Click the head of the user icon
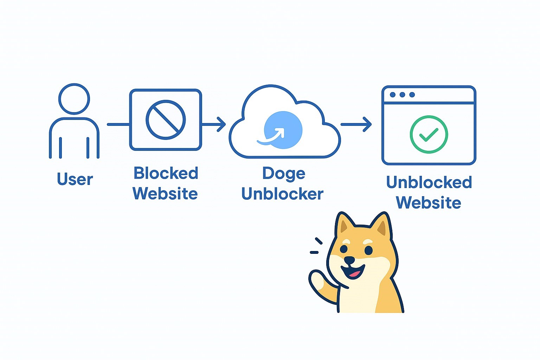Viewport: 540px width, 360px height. tap(74, 99)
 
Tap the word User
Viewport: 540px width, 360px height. tap(75, 179)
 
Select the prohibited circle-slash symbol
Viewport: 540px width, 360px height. tap(166, 120)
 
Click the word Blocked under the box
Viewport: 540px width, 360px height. tap(166, 173)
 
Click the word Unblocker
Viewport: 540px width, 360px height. tap(282, 194)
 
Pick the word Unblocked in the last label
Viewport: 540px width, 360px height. tap(429, 182)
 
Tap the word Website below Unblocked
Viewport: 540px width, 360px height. tap(429, 203)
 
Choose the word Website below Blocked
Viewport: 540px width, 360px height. tap(165, 194)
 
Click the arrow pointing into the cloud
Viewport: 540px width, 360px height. tap(214, 124)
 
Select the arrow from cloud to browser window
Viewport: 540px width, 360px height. tap(356, 124)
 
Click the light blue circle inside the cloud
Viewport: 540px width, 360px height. tap(283, 130)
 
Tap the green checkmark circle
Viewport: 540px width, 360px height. tap(429, 134)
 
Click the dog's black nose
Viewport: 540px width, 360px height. tap(349, 261)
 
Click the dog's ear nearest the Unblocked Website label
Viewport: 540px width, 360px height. tap(381, 225)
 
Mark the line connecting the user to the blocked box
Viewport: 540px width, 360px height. tap(118, 124)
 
